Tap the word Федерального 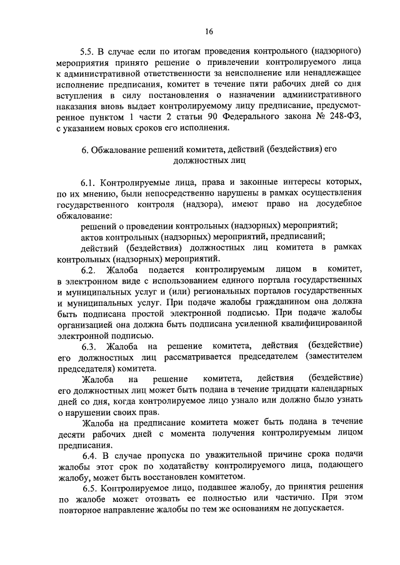256,118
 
